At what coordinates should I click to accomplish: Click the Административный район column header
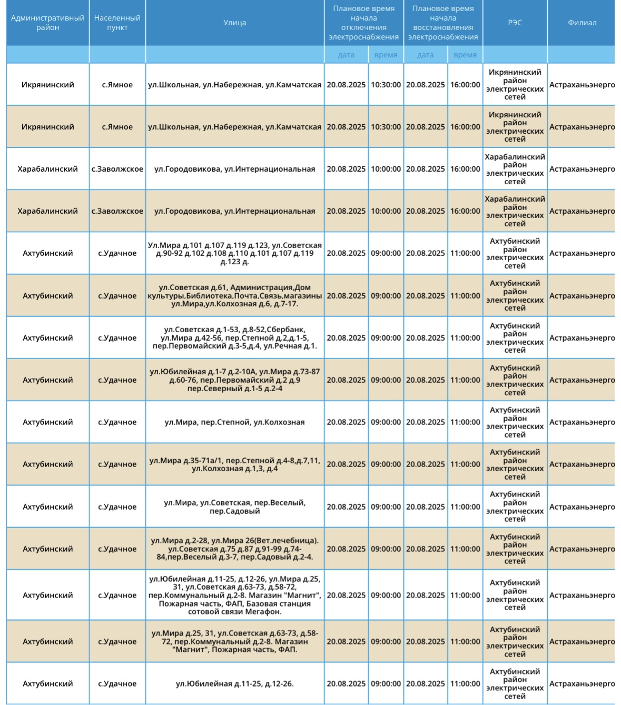pos(47,23)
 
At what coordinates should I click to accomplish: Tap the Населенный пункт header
pos(117,23)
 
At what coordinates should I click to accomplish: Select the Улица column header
pos(234,23)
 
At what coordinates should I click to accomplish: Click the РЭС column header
pos(515,23)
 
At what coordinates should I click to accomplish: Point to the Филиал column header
pos(581,23)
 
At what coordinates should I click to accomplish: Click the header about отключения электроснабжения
pos(363,23)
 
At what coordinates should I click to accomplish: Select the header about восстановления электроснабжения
pos(442,23)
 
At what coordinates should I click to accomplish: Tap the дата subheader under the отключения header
pos(346,55)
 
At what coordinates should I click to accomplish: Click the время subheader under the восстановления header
pos(465,55)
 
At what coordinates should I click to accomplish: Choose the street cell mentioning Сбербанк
pos(234,338)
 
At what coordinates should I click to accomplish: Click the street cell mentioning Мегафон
pos(234,595)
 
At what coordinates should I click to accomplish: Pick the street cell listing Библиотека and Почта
pos(234,295)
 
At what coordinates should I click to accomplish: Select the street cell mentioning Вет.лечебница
pos(234,549)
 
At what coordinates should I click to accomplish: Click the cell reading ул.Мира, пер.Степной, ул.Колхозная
pos(234,422)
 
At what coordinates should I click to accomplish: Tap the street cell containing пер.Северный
pos(234,380)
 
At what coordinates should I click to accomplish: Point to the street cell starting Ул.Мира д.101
pos(234,253)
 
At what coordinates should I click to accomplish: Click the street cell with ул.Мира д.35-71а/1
pos(234,464)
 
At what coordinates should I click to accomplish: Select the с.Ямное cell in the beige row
pos(117,127)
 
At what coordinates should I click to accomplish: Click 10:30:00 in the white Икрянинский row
pos(386,85)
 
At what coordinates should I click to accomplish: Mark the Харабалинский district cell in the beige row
pos(47,211)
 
